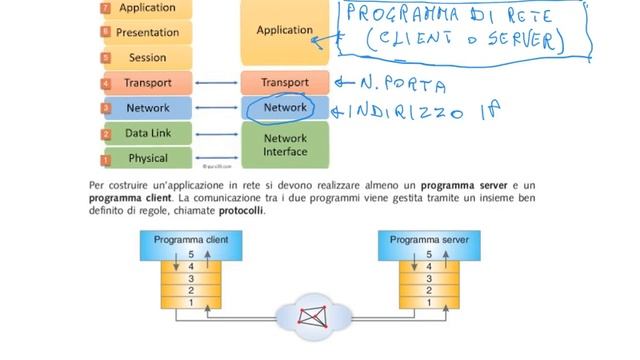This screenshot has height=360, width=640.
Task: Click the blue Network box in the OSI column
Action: click(x=148, y=108)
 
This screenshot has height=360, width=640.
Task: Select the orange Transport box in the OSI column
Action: click(x=148, y=83)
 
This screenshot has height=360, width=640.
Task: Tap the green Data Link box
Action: click(x=148, y=133)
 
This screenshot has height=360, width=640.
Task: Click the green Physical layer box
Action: click(x=148, y=158)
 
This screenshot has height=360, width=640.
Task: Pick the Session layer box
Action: click(x=148, y=58)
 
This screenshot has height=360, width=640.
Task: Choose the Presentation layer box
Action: click(x=148, y=32)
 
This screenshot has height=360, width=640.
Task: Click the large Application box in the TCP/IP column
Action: click(x=285, y=31)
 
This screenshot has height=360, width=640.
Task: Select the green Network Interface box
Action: click(x=285, y=145)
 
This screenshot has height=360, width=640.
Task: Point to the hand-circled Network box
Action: click(x=285, y=107)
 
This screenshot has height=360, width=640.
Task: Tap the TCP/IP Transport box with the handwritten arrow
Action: click(x=285, y=82)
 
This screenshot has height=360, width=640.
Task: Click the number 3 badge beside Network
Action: click(x=105, y=108)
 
